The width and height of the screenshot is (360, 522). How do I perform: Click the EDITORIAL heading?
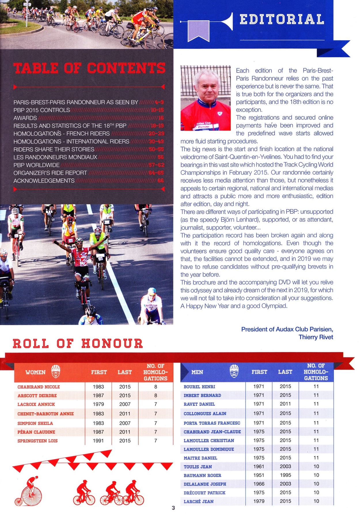point(282,19)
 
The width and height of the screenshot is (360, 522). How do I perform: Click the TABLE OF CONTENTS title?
point(89,69)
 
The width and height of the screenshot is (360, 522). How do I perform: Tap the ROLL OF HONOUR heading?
point(78,343)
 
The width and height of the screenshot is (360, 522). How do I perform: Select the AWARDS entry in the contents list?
point(25,118)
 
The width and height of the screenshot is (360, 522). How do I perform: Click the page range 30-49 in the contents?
point(156,141)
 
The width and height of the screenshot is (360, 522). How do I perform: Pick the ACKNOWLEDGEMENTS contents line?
point(44,181)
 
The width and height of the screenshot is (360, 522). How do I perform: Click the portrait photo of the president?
point(205,98)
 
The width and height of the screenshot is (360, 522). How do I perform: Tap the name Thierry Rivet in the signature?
point(316,337)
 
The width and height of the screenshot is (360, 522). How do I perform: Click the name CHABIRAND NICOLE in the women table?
point(39,387)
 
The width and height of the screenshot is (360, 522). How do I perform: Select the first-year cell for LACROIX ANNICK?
point(98,404)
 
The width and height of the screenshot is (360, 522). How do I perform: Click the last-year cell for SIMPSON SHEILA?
point(125,423)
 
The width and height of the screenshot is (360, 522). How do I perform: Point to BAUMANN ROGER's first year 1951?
point(259,475)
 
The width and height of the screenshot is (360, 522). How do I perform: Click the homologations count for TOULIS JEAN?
point(316,466)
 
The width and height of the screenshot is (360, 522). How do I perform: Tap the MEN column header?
point(197,372)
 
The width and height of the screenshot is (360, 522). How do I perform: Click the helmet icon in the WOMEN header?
point(56,371)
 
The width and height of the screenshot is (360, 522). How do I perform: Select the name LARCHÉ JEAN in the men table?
point(199,502)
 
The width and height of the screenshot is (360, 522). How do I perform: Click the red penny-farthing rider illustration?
point(29,493)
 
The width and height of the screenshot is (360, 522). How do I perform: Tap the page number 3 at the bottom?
point(173,508)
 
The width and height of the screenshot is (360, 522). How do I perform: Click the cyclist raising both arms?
point(80,259)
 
